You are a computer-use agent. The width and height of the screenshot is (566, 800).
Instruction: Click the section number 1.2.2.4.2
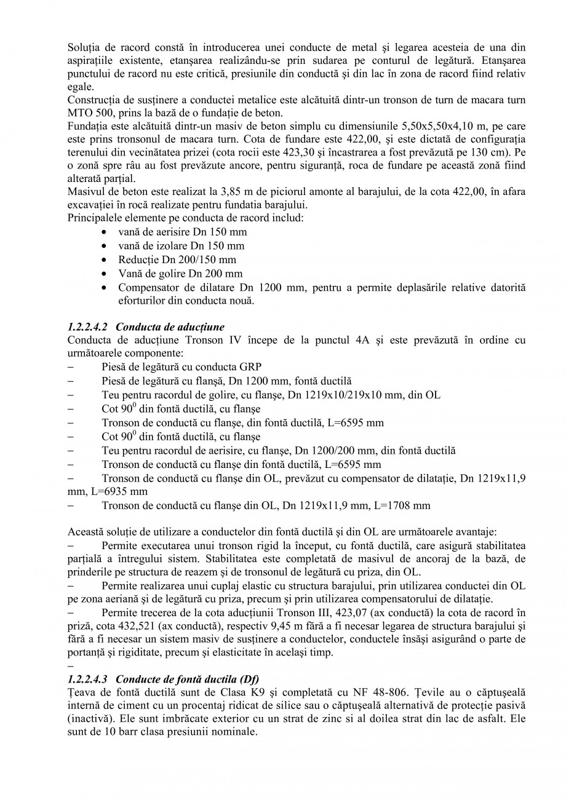pyautogui.click(x=87, y=327)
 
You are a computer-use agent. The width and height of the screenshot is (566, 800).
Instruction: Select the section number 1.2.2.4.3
pyautogui.click(x=87, y=679)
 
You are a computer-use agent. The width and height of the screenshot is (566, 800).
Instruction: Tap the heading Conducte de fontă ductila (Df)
pyautogui.click(x=188, y=679)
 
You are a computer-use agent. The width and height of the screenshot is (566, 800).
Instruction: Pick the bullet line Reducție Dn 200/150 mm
pyautogui.click(x=177, y=259)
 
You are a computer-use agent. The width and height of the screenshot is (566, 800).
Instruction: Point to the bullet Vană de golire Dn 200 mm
pyautogui.click(x=180, y=274)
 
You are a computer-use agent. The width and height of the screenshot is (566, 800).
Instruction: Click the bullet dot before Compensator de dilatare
pyautogui.click(x=105, y=288)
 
